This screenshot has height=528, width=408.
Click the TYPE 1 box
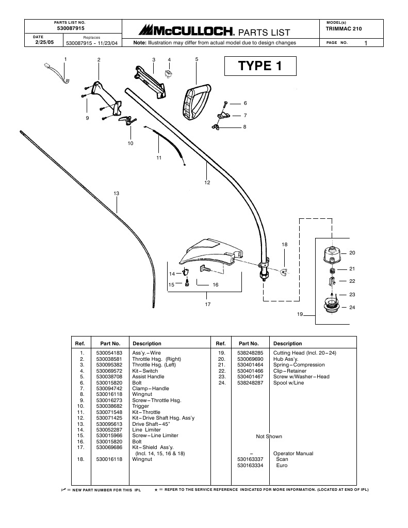(260, 66)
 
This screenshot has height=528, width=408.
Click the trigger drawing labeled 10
(125, 120)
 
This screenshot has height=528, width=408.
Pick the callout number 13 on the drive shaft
(116, 194)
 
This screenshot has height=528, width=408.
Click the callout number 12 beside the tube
(207, 182)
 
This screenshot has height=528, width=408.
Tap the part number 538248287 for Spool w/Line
(250, 383)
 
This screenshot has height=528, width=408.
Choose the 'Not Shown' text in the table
(269, 436)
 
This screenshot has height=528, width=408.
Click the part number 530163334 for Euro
(250, 465)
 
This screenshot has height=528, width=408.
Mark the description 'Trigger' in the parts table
(141, 406)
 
